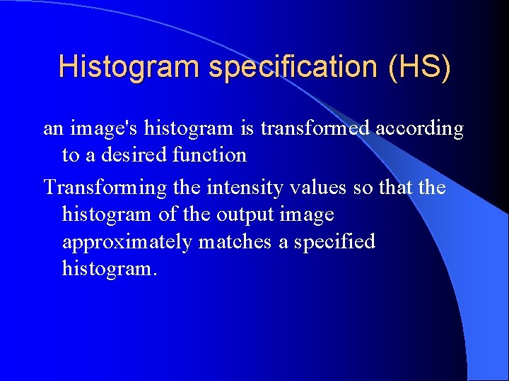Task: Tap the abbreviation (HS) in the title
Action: pos(419,67)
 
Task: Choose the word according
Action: pos(419,129)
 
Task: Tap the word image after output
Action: pos(307,214)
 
